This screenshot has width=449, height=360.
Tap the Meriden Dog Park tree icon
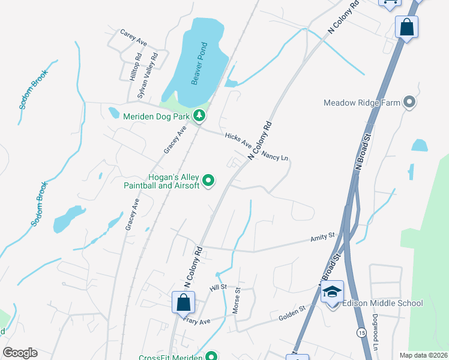(201, 115)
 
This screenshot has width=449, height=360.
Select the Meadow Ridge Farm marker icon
(410, 103)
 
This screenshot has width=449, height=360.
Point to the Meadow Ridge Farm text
(361, 103)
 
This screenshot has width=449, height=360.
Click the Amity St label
(322, 239)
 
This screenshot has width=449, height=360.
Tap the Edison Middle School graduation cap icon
(332, 292)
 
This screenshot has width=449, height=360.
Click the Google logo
(20, 353)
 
